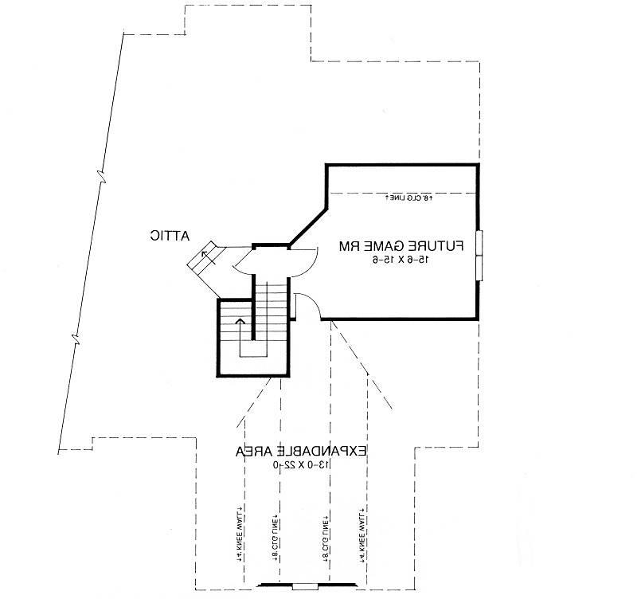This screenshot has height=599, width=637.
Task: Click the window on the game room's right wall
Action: [x=479, y=254]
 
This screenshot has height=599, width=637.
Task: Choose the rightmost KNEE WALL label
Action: [x=362, y=532]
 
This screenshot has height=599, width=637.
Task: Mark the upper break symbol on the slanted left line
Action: [x=100, y=174]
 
